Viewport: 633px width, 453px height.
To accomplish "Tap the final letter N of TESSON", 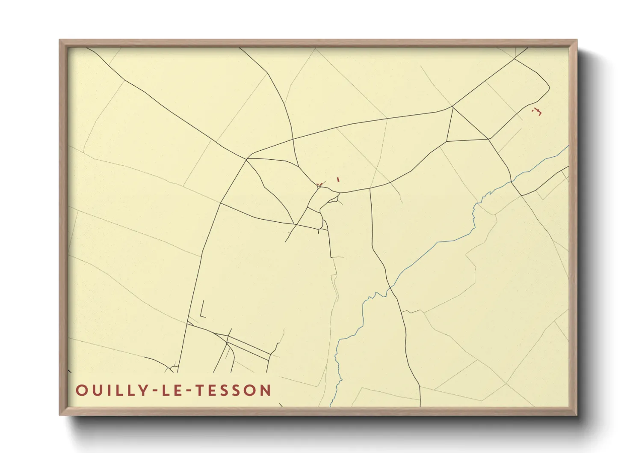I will click(266, 390).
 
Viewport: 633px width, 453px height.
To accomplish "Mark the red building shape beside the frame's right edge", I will click(538, 112).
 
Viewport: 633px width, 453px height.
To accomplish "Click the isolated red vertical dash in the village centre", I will click(338, 179).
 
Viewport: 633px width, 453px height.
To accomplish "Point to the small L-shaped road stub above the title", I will click(201, 311).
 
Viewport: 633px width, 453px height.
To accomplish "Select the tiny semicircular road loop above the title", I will click(174, 368).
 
